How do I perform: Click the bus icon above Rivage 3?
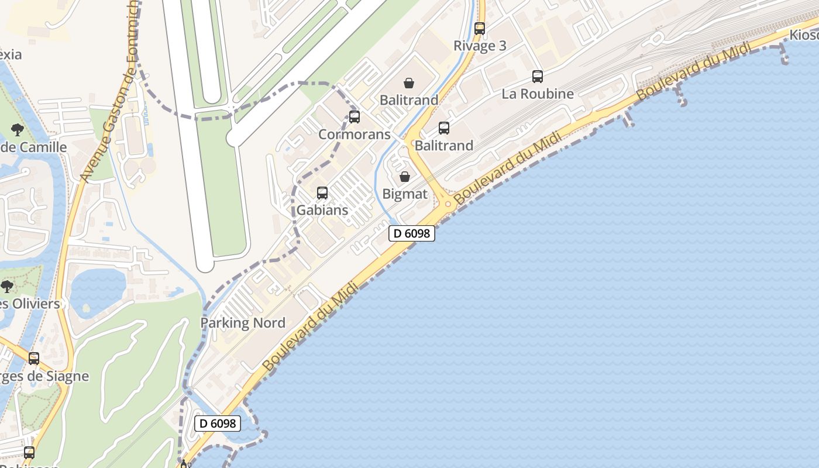click(x=480, y=28)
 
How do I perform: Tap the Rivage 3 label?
click(x=480, y=46)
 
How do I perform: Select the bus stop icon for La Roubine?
click(x=537, y=76)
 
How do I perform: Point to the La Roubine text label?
click(x=537, y=94)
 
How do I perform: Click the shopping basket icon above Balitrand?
click(x=409, y=83)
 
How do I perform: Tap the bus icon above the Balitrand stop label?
click(x=444, y=128)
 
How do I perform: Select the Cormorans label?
click(x=354, y=135)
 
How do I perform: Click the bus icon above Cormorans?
click(x=355, y=117)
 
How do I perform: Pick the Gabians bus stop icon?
click(x=322, y=193)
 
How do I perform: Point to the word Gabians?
click(x=322, y=210)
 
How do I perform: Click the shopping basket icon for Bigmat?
click(x=404, y=177)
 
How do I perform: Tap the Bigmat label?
click(x=404, y=194)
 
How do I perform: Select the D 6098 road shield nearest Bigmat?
click(x=412, y=233)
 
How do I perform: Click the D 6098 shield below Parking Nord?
click(x=218, y=423)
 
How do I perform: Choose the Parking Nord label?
click(x=243, y=323)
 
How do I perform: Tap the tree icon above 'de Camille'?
click(x=18, y=130)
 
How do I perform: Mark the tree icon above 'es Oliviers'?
click(x=7, y=287)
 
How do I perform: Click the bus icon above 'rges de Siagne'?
click(x=34, y=359)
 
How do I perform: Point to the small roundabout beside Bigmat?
click(x=448, y=204)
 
